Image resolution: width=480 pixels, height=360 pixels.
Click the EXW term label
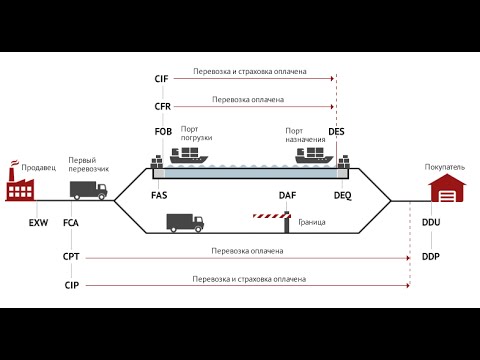point(38,223)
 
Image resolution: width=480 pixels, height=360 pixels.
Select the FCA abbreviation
point(71,223)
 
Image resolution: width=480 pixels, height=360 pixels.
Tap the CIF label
point(161,79)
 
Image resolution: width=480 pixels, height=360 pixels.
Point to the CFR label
point(163,107)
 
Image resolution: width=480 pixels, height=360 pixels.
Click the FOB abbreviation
point(163,132)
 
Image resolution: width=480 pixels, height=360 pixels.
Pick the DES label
point(336,132)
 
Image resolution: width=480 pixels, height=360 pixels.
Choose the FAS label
point(159,195)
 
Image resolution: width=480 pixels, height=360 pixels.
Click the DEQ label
point(343,195)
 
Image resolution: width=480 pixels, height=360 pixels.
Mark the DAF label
point(287,195)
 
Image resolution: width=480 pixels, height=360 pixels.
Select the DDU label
point(431,222)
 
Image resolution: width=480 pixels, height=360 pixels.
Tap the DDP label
point(431,257)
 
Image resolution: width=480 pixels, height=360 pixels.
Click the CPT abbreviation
point(71,257)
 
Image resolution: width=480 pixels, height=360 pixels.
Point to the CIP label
point(72,285)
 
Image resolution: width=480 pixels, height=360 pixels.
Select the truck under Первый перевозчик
point(88,190)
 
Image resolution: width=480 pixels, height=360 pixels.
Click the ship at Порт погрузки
point(189,155)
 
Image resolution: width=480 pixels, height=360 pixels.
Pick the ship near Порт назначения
point(314,155)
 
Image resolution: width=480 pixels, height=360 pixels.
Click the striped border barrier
point(272,216)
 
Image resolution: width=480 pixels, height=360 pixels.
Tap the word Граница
point(312,222)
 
